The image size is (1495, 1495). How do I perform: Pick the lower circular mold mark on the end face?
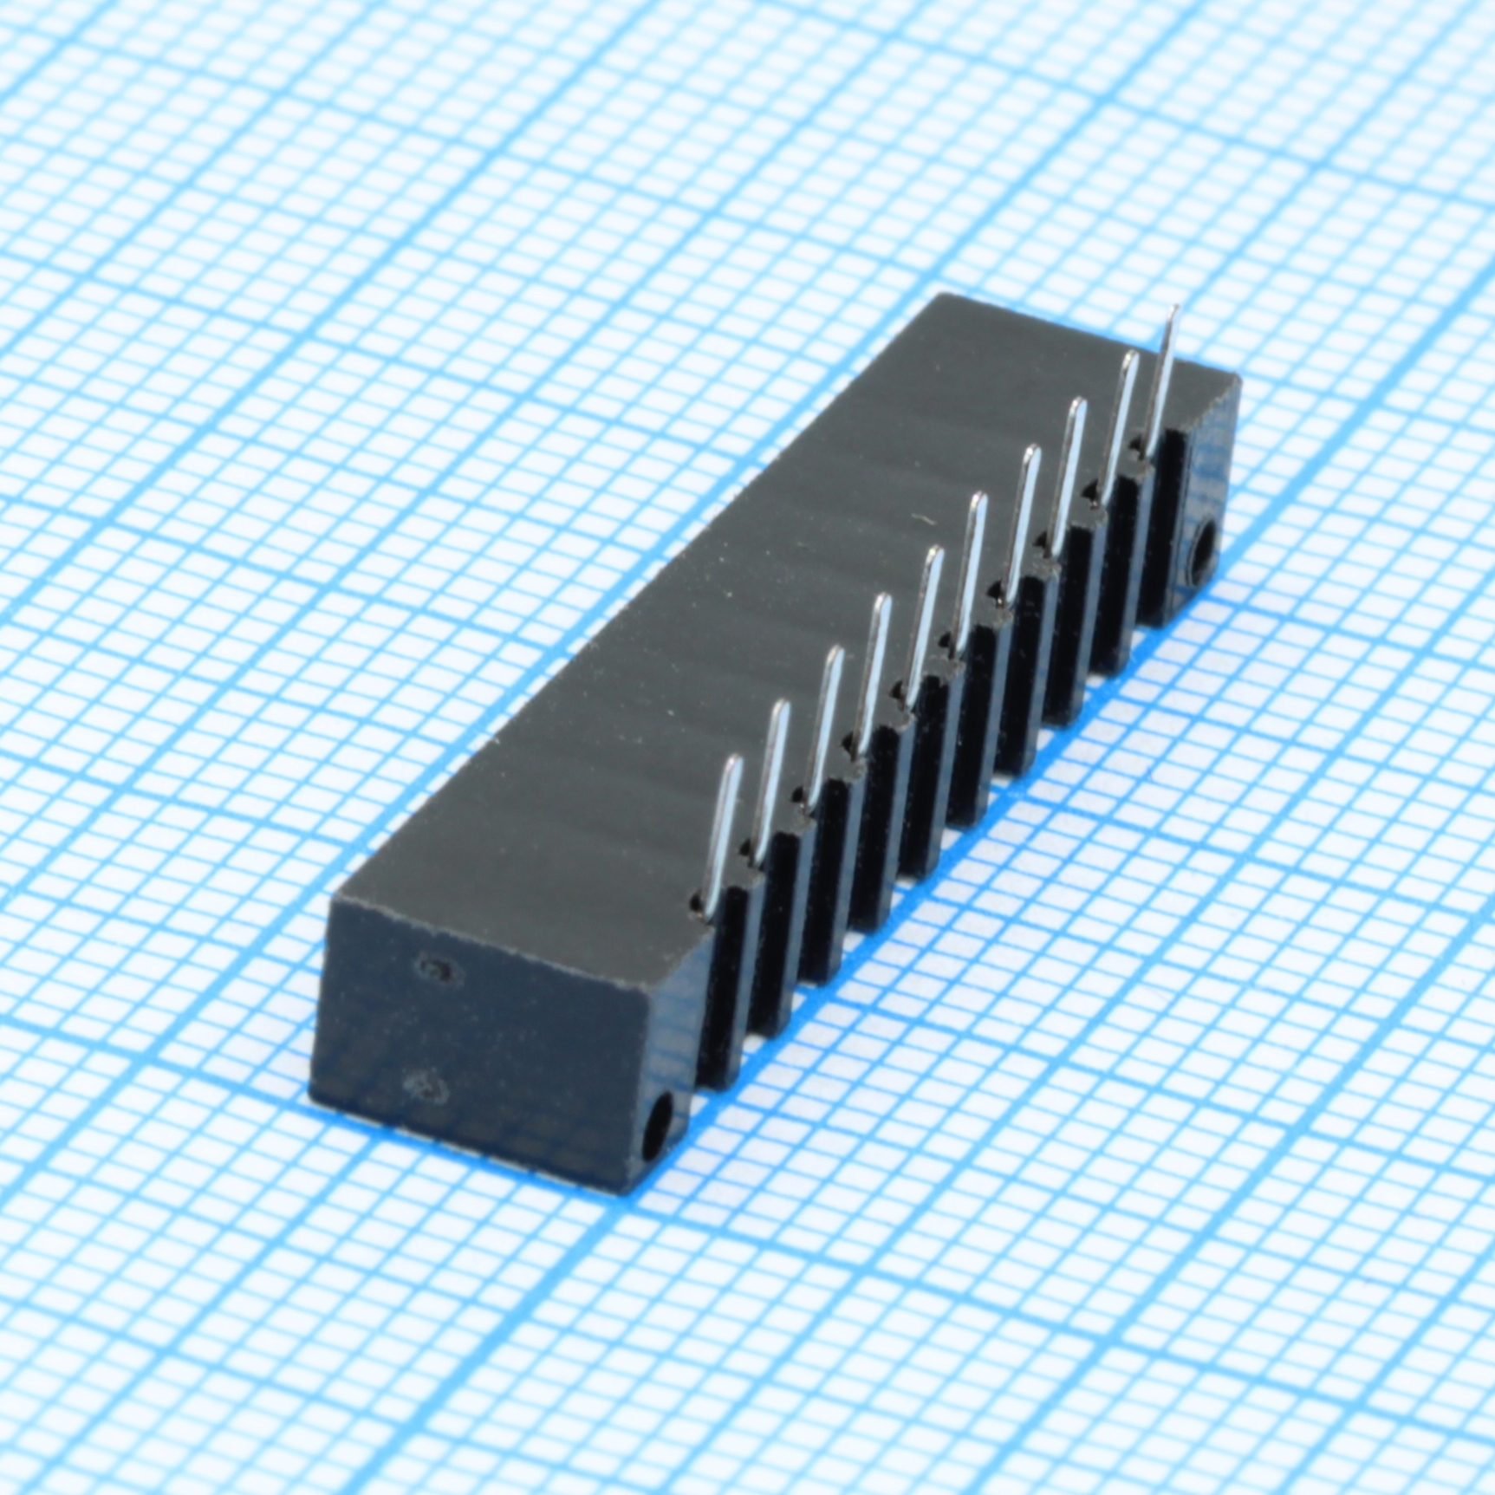coord(425,1085)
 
